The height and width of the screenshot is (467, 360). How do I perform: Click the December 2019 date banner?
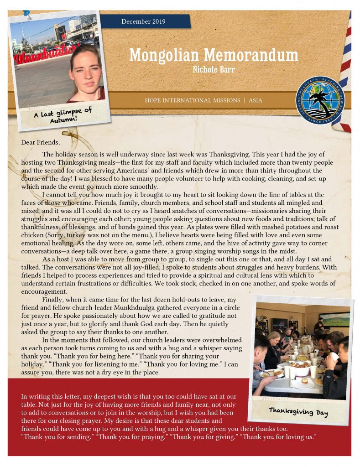click(143, 21)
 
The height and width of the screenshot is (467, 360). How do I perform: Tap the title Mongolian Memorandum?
click(214, 55)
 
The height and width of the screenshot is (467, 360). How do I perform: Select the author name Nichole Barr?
click(213, 70)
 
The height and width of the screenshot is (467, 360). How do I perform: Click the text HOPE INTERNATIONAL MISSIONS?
click(192, 100)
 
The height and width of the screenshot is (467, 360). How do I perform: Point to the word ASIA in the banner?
click(256, 100)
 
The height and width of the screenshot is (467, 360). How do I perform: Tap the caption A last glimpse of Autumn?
click(63, 115)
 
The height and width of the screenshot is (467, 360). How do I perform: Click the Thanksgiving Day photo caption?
click(298, 411)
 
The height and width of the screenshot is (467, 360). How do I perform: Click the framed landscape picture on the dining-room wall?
click(335, 318)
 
